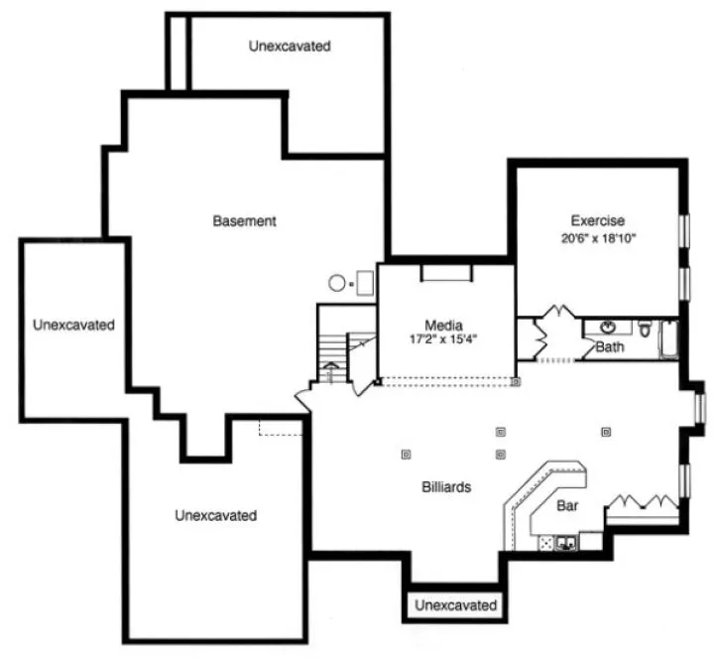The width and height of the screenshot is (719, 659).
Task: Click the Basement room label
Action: tap(244, 221)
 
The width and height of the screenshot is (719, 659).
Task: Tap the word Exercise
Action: tap(597, 220)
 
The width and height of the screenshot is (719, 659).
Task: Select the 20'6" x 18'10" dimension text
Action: tap(597, 238)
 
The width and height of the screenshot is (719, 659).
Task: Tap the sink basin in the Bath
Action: tap(606, 327)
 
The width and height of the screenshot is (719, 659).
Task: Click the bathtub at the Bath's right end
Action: tap(668, 336)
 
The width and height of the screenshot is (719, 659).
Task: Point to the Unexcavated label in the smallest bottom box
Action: tap(455, 604)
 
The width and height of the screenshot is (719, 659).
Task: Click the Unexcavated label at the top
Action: tap(289, 46)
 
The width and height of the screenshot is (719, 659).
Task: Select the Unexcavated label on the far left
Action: tap(72, 325)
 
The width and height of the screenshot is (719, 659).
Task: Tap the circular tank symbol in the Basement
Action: tap(336, 283)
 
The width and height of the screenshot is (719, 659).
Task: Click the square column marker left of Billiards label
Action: tap(405, 455)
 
